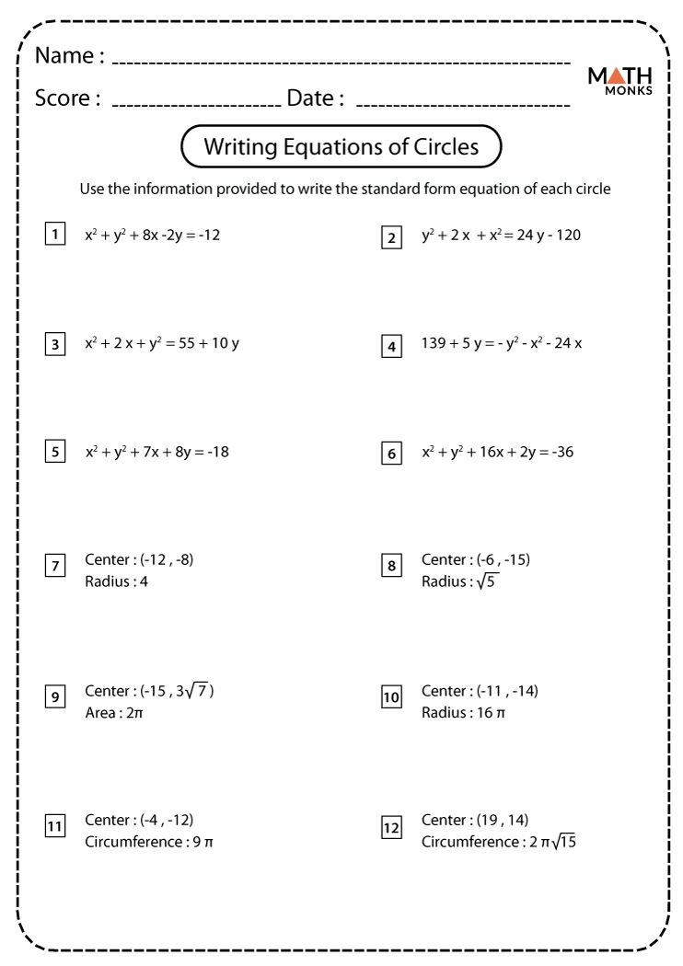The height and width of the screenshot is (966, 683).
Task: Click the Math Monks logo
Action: pyautogui.click(x=619, y=82)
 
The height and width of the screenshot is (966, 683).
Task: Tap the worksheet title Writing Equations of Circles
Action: pyautogui.click(x=341, y=146)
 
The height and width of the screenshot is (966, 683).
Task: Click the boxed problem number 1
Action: pyautogui.click(x=56, y=235)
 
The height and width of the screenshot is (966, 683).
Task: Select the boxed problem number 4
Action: pyautogui.click(x=393, y=346)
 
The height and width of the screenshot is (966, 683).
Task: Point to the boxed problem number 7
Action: pyautogui.click(x=56, y=567)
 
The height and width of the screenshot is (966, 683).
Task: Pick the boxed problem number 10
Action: pyautogui.click(x=393, y=698)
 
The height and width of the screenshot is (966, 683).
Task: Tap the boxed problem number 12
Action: pyautogui.click(x=393, y=828)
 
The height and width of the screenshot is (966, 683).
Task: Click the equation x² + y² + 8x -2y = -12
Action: pyautogui.click(x=152, y=235)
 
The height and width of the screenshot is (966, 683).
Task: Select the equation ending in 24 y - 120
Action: pyautogui.click(x=501, y=236)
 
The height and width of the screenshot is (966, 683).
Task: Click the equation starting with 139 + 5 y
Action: pyautogui.click(x=502, y=344)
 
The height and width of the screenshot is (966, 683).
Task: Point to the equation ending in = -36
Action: pyautogui.click(x=498, y=452)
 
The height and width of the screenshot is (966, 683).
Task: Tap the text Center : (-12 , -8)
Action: pyautogui.click(x=139, y=559)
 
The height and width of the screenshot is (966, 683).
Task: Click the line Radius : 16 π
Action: pyautogui.click(x=463, y=712)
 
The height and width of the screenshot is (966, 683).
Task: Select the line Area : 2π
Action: pyautogui.click(x=114, y=712)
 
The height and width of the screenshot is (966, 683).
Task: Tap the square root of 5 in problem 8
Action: pyautogui.click(x=486, y=581)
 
